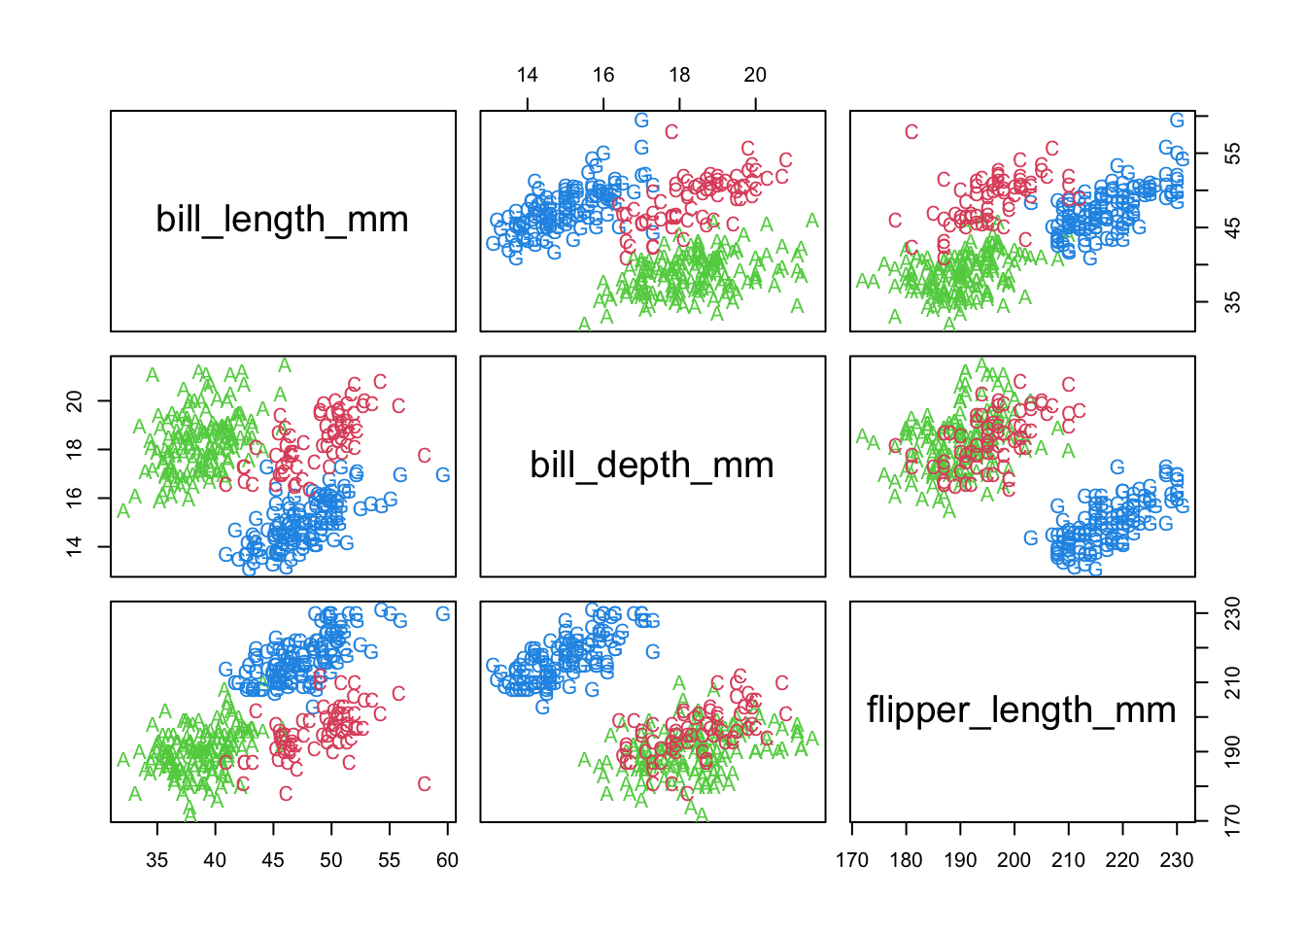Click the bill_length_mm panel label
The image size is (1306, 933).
282,220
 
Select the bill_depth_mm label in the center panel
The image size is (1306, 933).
652,466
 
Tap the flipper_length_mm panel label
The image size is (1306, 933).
1021,710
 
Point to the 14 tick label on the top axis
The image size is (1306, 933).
527,75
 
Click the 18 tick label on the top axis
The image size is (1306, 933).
679,75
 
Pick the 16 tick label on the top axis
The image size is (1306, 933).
603,75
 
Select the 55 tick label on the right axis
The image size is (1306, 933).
1232,154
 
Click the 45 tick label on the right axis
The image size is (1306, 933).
1232,227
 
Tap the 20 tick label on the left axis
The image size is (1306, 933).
75,400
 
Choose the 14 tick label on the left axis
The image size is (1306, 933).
75,546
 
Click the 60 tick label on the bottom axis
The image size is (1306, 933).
447,860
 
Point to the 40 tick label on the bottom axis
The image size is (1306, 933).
215,860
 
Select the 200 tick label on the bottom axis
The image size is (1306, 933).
1014,860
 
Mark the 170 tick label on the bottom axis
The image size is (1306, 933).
852,860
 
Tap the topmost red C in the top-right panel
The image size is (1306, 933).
911,132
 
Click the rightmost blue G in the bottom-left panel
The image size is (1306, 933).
443,614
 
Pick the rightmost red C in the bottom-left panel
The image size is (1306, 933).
424,784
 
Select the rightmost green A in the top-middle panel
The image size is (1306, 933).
812,221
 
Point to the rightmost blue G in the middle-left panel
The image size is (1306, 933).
443,475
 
